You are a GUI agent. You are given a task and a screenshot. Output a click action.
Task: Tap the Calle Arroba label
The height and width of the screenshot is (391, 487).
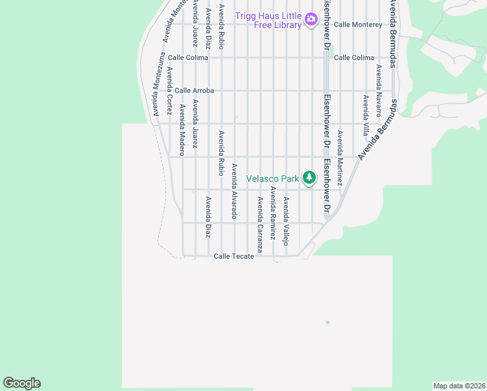click(194, 91)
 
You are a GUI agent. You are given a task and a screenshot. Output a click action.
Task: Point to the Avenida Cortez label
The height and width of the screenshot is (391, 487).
click(169, 91)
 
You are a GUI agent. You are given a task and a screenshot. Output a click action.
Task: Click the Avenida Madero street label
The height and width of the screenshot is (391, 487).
click(182, 130)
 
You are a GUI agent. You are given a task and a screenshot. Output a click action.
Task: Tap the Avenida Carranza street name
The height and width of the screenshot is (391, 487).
click(260, 224)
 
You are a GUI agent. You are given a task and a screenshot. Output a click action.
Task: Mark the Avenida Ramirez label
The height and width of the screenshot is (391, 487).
click(273, 213)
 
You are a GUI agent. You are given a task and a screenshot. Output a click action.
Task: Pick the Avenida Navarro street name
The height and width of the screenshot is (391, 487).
click(378, 85)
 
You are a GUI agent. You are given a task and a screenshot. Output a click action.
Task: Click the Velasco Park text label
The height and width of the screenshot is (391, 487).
click(272, 178)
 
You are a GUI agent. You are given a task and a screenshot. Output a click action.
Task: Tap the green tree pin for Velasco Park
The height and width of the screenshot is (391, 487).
click(309, 177)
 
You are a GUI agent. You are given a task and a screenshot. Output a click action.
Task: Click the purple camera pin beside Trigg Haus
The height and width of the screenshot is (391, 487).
click(311, 18)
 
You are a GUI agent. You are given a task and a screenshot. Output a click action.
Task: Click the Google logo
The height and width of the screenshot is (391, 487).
click(21, 383)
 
